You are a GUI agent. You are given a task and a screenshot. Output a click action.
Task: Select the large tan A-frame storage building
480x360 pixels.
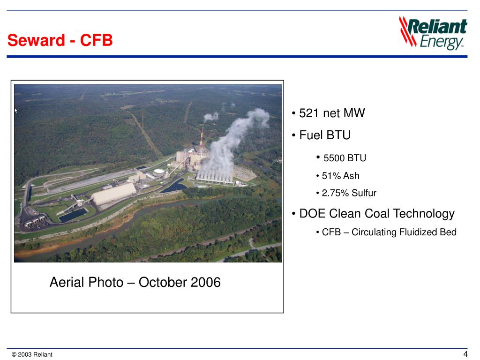tap(113, 193)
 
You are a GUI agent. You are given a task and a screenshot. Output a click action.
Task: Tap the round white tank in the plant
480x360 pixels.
tap(160, 172)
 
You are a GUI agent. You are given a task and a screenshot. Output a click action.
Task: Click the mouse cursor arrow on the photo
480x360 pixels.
tap(16, 111)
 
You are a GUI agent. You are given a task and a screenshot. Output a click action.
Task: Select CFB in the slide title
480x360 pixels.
tap(97, 41)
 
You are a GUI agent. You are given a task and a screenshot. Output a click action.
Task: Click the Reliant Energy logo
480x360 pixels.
tap(433, 33)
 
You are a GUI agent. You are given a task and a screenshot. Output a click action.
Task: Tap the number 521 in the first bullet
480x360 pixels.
tap(309, 113)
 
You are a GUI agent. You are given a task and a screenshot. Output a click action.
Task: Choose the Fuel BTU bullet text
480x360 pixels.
tap(324, 135)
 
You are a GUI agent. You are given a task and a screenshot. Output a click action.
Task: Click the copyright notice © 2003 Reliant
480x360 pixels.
tap(32, 354)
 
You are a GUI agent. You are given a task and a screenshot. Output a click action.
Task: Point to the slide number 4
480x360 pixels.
tap(465, 354)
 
